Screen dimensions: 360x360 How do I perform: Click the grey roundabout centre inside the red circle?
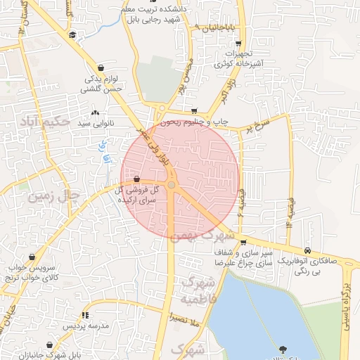pyautogui.click(x=172, y=185)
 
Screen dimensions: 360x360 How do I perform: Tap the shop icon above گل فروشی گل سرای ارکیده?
pyautogui.click(x=136, y=179)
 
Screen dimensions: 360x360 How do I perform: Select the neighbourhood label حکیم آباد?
pyautogui.click(x=46, y=121)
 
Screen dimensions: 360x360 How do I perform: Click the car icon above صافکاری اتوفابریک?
pyautogui.click(x=308, y=250)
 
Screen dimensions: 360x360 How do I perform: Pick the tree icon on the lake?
pyautogui.click(x=283, y=349)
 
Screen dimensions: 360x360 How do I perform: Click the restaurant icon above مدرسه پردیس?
pyautogui.click(x=85, y=315)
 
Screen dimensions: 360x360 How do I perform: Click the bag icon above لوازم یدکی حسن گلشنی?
pyautogui.click(x=102, y=67)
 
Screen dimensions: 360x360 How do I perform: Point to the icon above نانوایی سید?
pyautogui.click(x=95, y=112)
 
